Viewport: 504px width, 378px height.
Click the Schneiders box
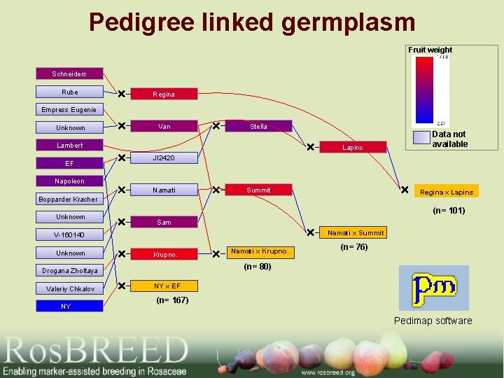tap(69, 73)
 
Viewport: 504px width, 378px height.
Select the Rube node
tap(69, 92)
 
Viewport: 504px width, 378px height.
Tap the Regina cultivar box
tap(164, 94)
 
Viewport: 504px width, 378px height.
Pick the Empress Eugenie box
tap(69, 109)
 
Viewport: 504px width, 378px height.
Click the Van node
tap(164, 127)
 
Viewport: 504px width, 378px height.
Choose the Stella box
tap(258, 127)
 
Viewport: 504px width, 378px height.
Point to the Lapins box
tap(353, 147)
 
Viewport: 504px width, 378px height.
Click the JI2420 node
tap(164, 158)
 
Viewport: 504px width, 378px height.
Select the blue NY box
tap(69, 306)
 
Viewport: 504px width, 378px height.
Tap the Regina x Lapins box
tap(447, 191)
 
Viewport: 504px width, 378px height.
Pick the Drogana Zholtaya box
tap(69, 270)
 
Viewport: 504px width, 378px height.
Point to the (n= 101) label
tap(449, 210)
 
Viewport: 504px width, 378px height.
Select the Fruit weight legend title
tap(430, 50)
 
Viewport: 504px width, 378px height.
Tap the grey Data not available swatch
tap(421, 137)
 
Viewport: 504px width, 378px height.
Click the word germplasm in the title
tap(349, 22)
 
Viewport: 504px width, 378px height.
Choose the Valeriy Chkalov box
tap(69, 288)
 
